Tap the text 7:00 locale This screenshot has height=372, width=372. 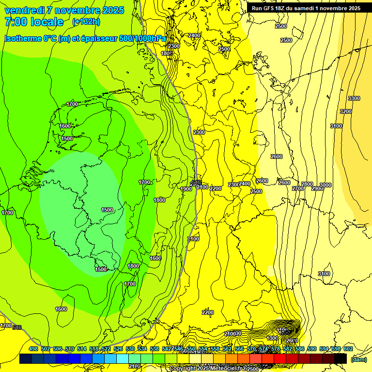click(34, 22)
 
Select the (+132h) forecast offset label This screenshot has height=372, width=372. click(86, 22)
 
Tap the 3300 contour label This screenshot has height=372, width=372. click(354, 98)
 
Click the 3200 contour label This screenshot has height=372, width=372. click(345, 111)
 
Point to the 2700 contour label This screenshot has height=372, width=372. click(297, 188)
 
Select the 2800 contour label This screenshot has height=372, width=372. click(307, 185)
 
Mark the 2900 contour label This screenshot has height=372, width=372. click(317, 188)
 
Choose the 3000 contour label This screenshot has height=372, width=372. click(325, 185)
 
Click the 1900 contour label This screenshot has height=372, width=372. click(186, 189)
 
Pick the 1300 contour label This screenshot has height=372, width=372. click(272, 338)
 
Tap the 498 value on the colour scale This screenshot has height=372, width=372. click(33, 349)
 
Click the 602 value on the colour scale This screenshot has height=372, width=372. click(348, 349)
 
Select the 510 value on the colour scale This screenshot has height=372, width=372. click(70, 349)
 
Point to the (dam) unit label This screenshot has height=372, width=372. click(358, 359)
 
